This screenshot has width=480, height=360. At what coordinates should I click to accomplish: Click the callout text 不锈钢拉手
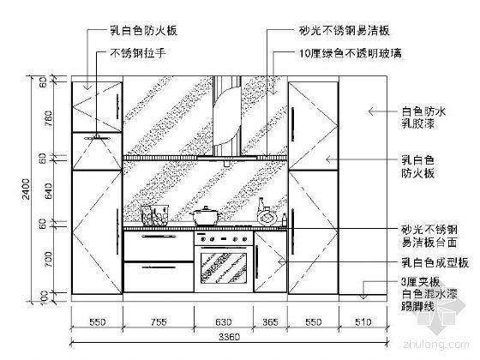point(136,53)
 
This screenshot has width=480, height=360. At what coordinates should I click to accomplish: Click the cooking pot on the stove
point(207,215)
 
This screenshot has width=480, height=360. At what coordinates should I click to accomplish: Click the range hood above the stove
point(224,120)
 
